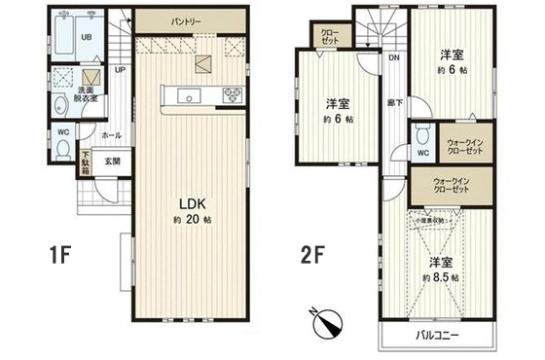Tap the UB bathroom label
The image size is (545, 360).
(x=86, y=38)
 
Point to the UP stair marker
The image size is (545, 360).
(x=119, y=70)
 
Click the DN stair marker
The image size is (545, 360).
(x=393, y=57)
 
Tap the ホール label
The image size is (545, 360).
(x=111, y=136)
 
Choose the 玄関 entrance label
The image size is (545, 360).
(x=112, y=162)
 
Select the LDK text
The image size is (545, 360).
(x=189, y=203)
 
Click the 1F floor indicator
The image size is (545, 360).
(x=61, y=257)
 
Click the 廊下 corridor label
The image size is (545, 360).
(x=395, y=101)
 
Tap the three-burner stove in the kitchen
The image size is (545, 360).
(x=235, y=94)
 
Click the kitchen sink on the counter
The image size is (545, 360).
(x=190, y=94)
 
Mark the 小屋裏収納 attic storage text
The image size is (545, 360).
(x=428, y=223)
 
